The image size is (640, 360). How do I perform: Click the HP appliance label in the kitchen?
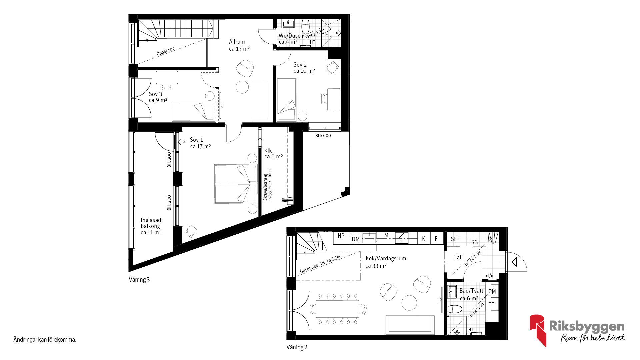click(x=341, y=236)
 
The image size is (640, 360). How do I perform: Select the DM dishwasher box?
click(x=356, y=239)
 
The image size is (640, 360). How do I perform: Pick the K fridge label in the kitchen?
click(x=424, y=239)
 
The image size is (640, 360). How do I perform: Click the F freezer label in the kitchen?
click(x=436, y=239)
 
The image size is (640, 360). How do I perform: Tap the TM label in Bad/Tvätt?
click(x=492, y=291)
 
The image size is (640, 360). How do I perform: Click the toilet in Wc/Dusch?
click(x=306, y=27)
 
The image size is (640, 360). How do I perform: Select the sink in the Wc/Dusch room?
click(x=288, y=24)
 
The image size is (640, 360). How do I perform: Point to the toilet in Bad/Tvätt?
click(x=455, y=309)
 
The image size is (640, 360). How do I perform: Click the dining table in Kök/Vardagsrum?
click(x=337, y=309)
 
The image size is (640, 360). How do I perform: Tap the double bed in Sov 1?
click(x=236, y=184)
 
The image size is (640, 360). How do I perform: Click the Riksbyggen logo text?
click(x=587, y=326)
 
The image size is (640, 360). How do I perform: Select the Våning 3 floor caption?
click(x=139, y=280)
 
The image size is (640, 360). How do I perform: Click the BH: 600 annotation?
click(x=323, y=136)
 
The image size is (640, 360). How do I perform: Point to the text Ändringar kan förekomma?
click(x=45, y=340)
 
